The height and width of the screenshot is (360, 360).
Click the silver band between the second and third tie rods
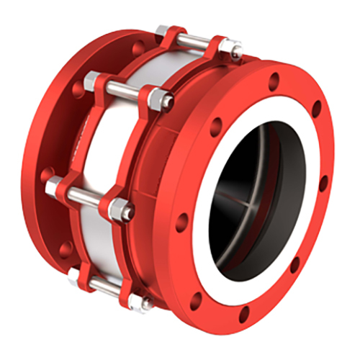[x=101, y=144]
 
